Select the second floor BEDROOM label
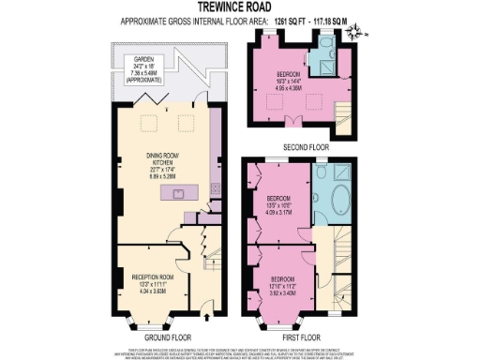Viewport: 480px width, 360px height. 288,74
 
